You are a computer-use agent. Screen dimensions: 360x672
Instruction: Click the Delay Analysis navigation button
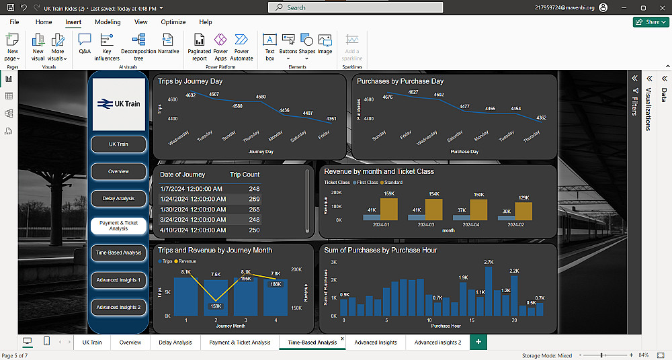pyautogui.click(x=118, y=199)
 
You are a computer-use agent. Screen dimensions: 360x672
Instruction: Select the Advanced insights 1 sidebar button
pyautogui.click(x=118, y=280)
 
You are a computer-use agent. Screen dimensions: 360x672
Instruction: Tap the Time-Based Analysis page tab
pyautogui.click(x=312, y=343)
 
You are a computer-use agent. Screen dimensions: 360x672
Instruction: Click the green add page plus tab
pyautogui.click(x=478, y=343)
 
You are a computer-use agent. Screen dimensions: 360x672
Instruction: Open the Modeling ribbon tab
pyautogui.click(x=108, y=22)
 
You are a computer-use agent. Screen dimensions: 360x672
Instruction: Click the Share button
pyautogui.click(x=650, y=22)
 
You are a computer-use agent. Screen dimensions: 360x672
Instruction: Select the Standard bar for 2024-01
pyautogui.click(x=389, y=209)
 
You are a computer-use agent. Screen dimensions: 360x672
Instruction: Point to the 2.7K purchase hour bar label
pyautogui.click(x=489, y=262)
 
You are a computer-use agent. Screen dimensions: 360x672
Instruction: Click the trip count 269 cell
pyautogui.click(x=254, y=199)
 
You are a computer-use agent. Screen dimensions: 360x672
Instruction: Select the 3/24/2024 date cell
pyautogui.click(x=193, y=220)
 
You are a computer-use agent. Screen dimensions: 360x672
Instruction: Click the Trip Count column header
pyautogui.click(x=245, y=175)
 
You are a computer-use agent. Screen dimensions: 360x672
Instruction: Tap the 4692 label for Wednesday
pyautogui.click(x=191, y=95)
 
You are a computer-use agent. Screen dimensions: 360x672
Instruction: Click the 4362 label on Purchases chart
pyautogui.click(x=542, y=118)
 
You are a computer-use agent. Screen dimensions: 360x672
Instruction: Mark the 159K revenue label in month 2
pyautogui.click(x=216, y=306)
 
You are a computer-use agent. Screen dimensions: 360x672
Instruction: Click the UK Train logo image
pyautogui.click(x=118, y=104)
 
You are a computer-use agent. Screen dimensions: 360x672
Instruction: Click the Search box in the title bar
pyautogui.click(x=355, y=7)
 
